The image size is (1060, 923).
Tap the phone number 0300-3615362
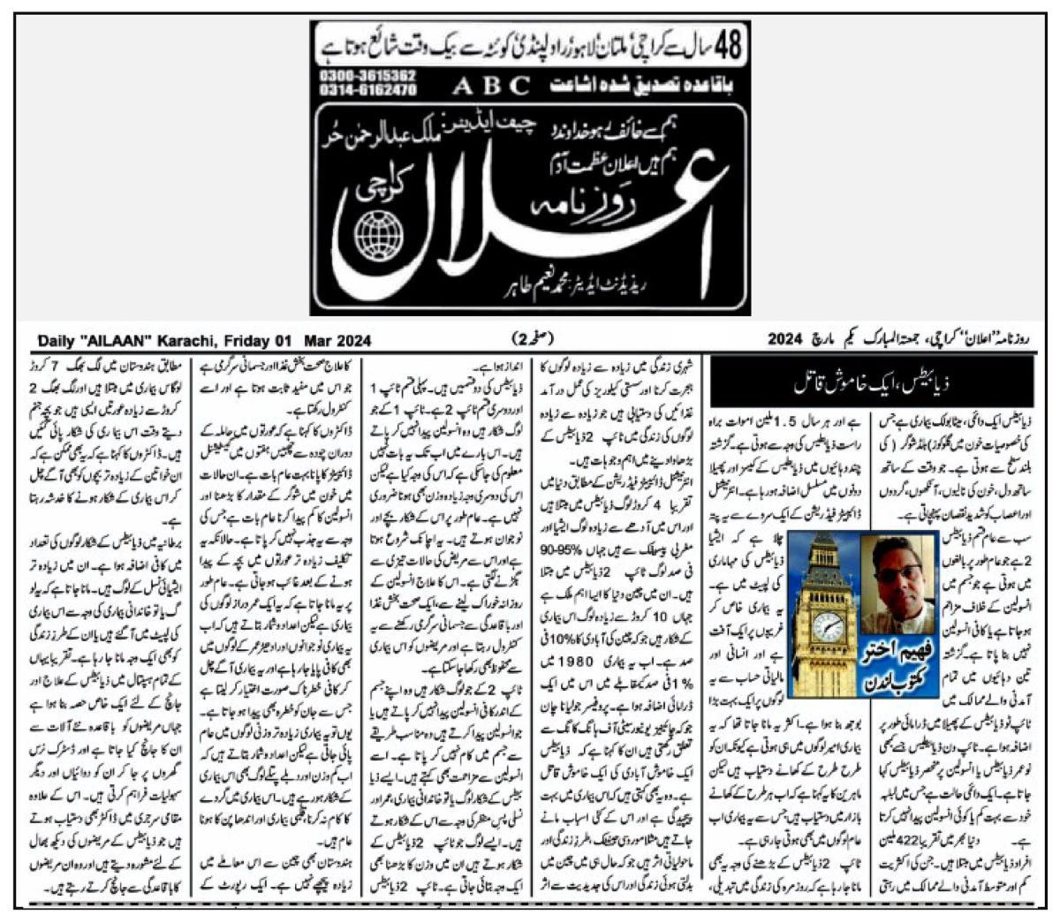coord(365,77)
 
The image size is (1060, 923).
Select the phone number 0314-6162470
coord(365,90)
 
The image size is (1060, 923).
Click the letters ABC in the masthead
coord(493,87)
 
